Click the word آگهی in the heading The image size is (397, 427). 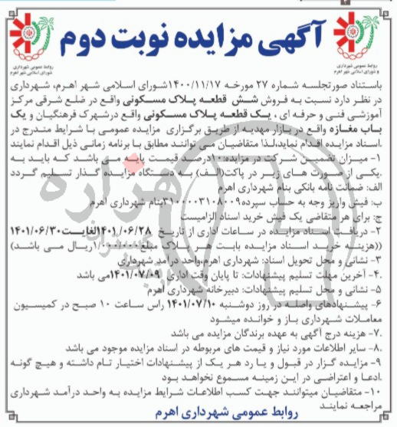point(292,34)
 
